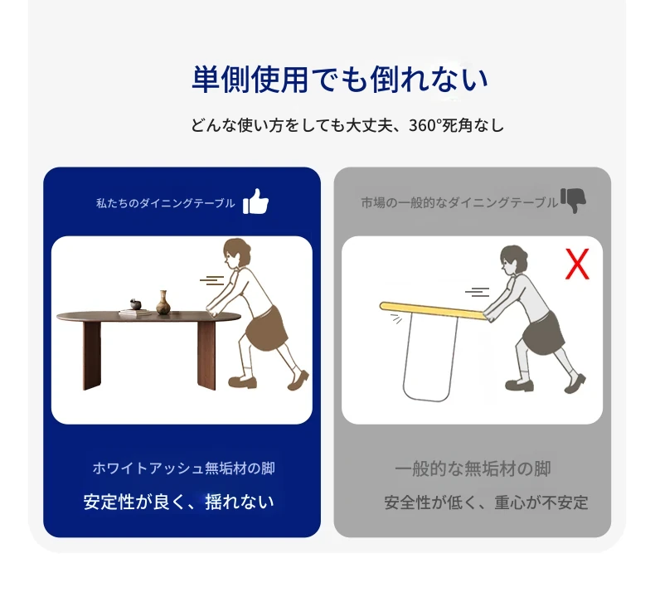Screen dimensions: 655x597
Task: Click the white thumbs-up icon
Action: click(255, 201)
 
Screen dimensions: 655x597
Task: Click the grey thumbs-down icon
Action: click(573, 200)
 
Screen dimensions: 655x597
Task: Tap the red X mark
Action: click(577, 264)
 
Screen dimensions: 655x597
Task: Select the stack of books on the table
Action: click(135, 312)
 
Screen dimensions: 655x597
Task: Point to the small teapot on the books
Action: click(135, 303)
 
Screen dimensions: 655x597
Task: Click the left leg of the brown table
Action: click(92, 356)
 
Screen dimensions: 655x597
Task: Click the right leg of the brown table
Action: click(206, 356)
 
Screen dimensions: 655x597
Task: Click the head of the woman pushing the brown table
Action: click(236, 253)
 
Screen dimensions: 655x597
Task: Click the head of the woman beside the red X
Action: click(513, 260)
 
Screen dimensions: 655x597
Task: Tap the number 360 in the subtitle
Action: click(422, 125)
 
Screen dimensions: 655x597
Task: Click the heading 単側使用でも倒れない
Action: click(340, 79)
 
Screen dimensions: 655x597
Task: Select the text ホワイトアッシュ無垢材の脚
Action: click(184, 468)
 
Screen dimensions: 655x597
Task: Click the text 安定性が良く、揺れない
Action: click(179, 502)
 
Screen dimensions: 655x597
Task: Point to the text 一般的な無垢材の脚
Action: click(473, 468)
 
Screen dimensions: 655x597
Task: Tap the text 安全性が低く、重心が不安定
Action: click(486, 502)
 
